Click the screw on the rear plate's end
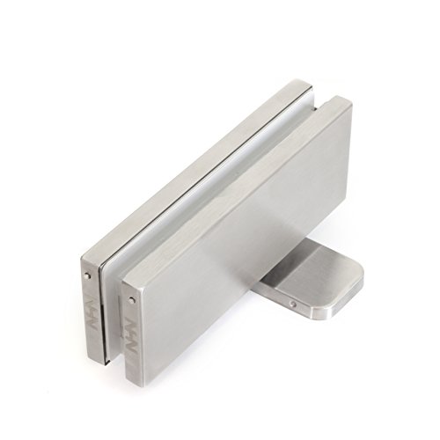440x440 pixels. click(x=92, y=275)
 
